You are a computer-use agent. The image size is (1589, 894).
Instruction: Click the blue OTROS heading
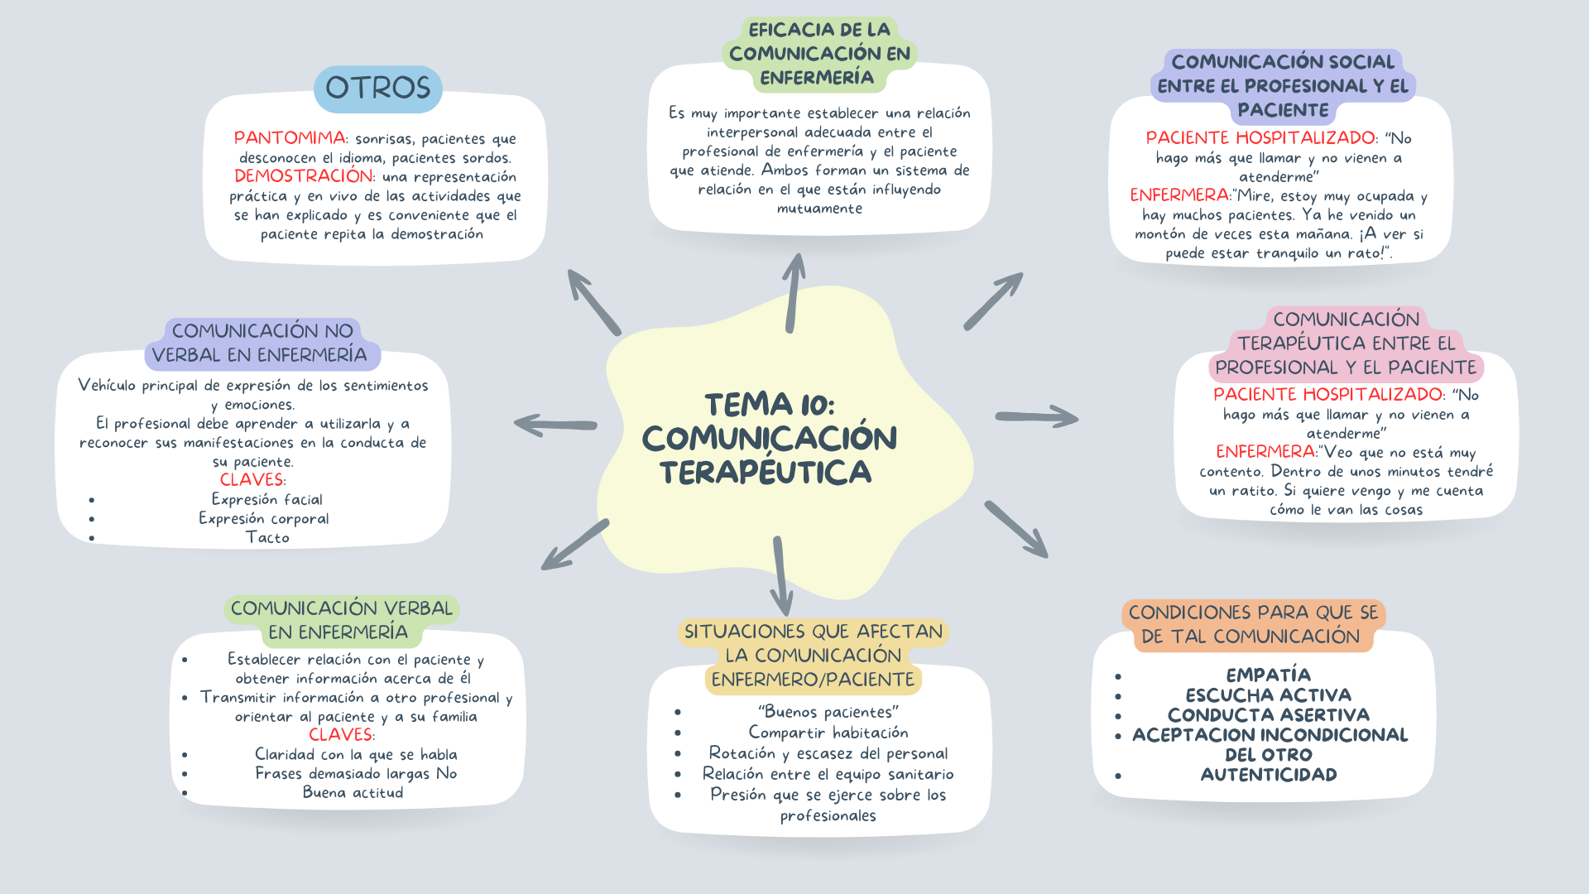378,89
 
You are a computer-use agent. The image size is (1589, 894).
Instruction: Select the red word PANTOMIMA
289,138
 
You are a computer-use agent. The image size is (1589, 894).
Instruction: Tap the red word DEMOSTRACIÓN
303,176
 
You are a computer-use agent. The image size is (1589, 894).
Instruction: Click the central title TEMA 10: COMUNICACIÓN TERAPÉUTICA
769,439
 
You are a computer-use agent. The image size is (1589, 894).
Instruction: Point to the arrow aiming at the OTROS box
593,301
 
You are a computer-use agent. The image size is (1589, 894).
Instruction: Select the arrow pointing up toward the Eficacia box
794,293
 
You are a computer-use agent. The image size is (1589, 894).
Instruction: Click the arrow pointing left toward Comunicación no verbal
555,425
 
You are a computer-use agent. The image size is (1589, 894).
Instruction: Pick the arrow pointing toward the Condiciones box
1016,529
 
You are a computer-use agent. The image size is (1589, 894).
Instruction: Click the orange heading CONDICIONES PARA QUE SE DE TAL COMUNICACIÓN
1253,624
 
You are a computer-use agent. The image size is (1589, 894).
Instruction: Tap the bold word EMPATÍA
1268,675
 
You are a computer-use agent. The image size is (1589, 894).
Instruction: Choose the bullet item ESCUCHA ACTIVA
1268,695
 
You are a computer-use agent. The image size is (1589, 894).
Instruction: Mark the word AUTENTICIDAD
1268,775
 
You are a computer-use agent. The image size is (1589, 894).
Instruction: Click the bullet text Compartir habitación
828,733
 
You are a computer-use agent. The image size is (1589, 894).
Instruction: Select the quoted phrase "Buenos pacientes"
828,712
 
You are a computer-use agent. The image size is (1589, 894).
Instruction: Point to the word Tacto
267,538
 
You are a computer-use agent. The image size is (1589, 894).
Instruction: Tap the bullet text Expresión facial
266,499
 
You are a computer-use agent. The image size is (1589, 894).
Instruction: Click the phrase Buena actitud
353,793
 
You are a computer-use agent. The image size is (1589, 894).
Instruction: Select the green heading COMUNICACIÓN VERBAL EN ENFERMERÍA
340,620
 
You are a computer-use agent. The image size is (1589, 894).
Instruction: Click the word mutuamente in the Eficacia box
819,209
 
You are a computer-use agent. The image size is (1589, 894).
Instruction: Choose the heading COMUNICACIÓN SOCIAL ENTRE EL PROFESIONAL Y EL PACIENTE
1282,86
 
